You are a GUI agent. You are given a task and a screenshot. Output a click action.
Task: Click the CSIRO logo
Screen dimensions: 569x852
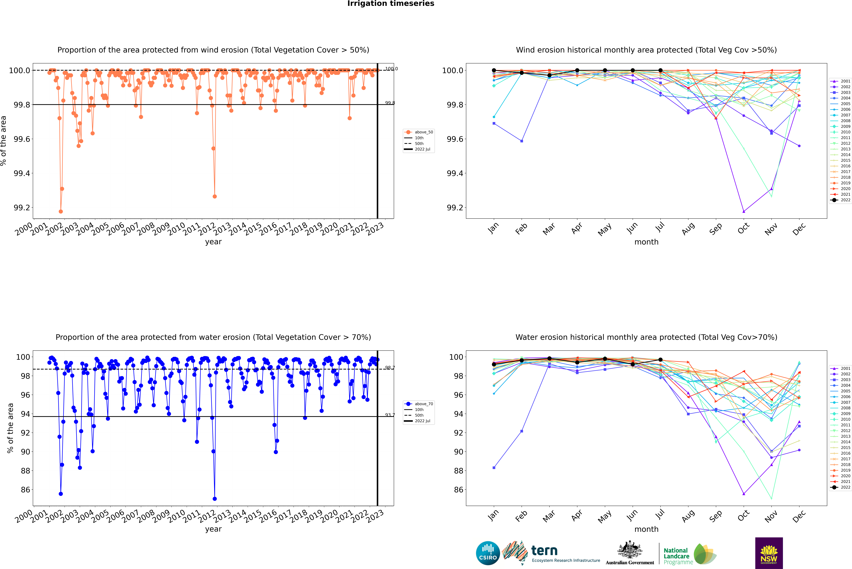coord(488,553)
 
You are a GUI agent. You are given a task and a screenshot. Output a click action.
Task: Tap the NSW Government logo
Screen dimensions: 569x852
coord(769,553)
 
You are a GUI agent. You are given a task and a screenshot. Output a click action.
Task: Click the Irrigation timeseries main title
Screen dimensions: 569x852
coord(391,4)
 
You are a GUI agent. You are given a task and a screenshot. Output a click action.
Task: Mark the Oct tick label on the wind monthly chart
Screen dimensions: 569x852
coord(743,229)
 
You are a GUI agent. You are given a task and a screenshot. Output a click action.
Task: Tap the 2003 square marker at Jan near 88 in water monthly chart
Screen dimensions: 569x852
coord(494,468)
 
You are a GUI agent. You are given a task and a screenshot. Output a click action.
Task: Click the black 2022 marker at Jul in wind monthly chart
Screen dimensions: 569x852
coord(660,70)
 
